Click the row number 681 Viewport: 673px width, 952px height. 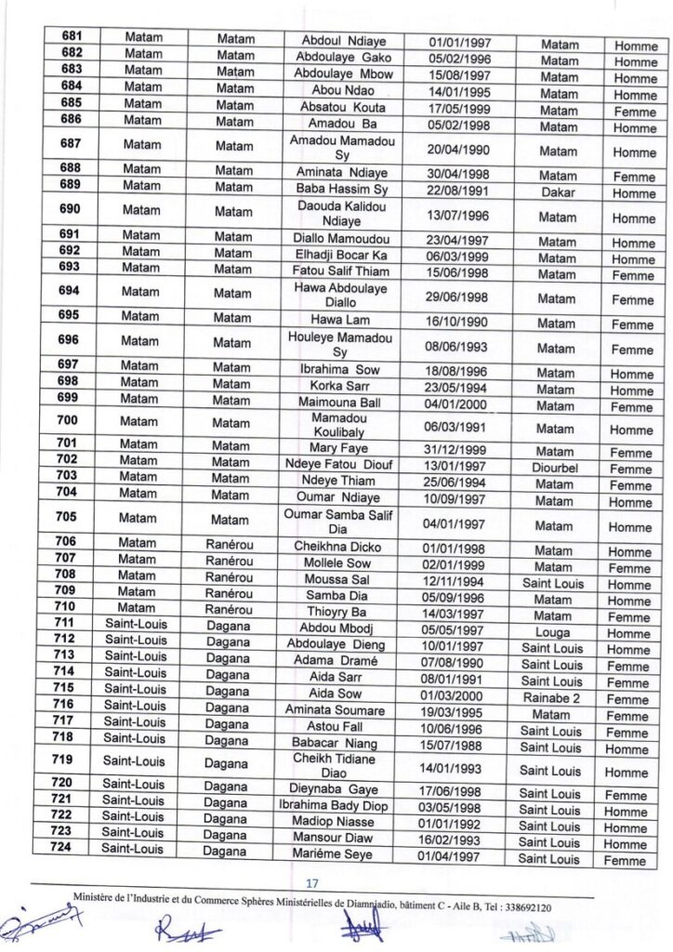pyautogui.click(x=72, y=36)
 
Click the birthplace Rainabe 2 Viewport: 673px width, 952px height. pyautogui.click(x=552, y=698)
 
